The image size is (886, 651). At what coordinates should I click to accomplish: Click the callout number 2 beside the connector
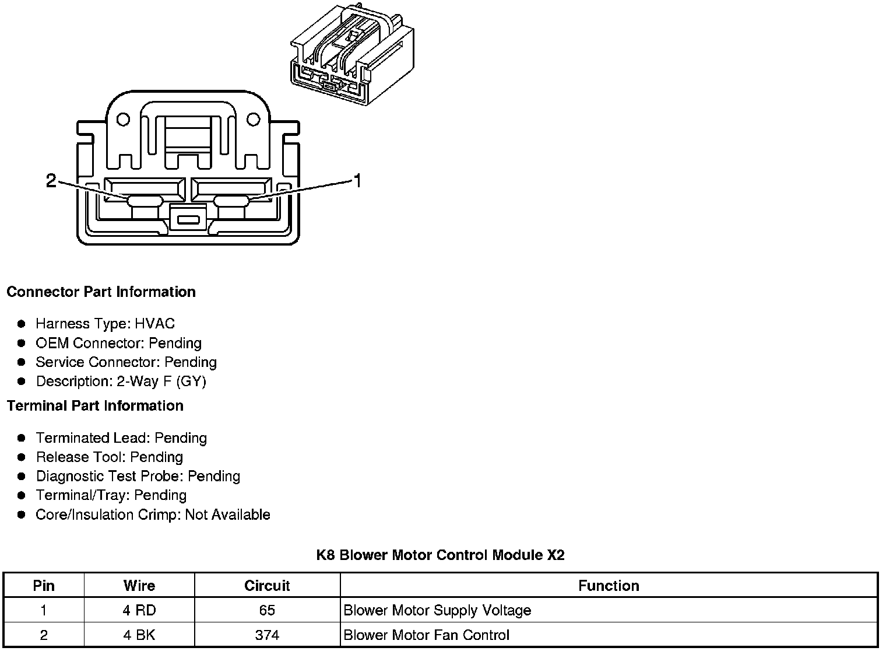point(51,180)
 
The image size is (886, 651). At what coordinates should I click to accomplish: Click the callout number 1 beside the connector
point(357,181)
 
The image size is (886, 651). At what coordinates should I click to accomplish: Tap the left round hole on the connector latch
point(123,119)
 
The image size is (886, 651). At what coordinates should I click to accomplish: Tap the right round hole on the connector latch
point(253,119)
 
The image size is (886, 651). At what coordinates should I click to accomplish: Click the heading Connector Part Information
point(101,292)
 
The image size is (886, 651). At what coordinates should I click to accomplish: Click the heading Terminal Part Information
point(96,405)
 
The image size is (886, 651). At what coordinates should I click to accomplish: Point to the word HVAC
point(154,323)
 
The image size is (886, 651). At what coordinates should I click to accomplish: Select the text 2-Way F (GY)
point(161,381)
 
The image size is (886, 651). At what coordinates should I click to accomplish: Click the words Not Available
point(228,514)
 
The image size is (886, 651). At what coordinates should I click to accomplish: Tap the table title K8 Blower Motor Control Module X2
point(440,555)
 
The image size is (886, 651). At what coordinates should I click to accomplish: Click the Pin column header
point(44,586)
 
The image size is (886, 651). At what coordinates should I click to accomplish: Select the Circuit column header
point(267,586)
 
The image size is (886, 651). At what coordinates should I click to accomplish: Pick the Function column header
point(609,586)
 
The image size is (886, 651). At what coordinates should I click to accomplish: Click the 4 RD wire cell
point(139,610)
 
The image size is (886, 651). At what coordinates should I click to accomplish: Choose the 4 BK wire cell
point(139,635)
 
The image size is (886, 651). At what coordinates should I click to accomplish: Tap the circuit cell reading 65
point(267,610)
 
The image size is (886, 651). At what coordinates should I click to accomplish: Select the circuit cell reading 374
point(267,635)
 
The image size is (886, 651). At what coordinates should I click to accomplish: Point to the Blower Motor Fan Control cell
point(427,635)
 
